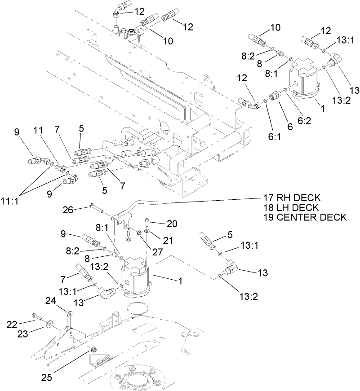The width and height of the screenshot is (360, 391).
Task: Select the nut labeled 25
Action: (94, 349)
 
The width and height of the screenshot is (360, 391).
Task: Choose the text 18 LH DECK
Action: (291, 207)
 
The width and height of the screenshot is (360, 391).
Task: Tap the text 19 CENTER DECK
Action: (305, 217)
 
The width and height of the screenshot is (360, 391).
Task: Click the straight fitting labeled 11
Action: (58, 168)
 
